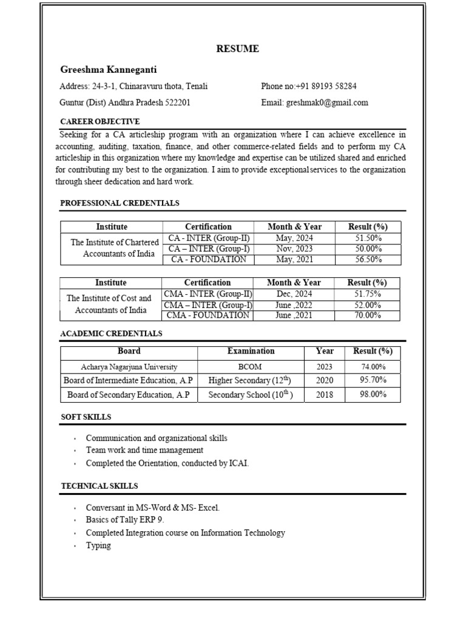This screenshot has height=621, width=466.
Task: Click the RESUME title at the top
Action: (x=237, y=49)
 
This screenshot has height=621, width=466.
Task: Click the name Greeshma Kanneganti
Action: (x=108, y=70)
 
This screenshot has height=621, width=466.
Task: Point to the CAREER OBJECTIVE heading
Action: (x=100, y=121)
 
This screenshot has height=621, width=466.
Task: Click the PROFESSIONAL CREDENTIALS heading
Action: (x=120, y=203)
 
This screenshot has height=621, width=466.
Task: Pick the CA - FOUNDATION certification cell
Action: (x=208, y=260)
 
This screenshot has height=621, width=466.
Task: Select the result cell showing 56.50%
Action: (x=368, y=260)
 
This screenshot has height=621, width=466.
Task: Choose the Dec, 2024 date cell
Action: (x=294, y=294)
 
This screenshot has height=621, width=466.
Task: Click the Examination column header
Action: (x=251, y=351)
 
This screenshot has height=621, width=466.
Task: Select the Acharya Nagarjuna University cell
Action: (x=129, y=367)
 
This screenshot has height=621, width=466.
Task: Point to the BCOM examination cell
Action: (x=251, y=367)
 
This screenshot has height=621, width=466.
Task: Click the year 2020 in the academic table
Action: (x=324, y=380)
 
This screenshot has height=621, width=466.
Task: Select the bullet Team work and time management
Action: (x=144, y=450)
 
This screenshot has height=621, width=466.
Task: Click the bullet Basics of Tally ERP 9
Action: (x=125, y=520)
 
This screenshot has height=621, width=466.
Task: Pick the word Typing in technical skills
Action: (x=98, y=545)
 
